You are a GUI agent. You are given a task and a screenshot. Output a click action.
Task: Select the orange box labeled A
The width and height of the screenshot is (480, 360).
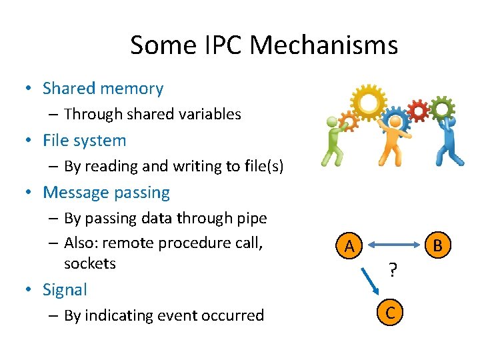(x=349, y=247)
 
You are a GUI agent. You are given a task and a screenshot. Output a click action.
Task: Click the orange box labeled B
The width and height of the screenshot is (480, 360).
(x=437, y=245)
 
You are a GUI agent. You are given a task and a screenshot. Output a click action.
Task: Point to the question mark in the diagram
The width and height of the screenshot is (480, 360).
(x=393, y=270)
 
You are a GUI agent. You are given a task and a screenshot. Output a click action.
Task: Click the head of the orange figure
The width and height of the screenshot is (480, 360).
(x=396, y=122)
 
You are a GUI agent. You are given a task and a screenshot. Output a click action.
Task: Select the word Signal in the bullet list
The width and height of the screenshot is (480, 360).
(x=65, y=290)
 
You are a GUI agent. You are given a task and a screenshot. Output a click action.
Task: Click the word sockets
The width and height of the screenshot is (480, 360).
(x=90, y=263)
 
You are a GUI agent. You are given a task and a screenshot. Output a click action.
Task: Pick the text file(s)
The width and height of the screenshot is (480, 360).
(x=261, y=166)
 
